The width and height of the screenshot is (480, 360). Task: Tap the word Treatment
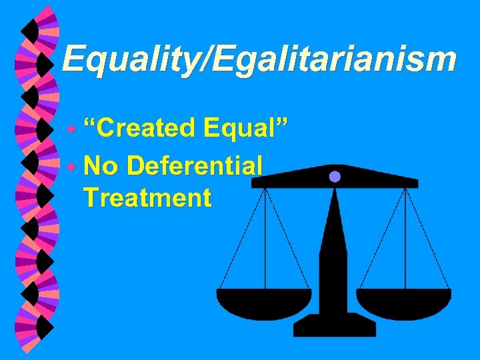(147, 197)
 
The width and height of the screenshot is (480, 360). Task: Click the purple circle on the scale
(335, 177)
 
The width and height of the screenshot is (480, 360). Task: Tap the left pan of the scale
(264, 303)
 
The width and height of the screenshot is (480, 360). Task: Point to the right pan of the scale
(403, 303)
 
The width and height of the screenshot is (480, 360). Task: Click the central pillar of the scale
(333, 267)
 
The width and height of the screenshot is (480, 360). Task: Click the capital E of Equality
(71, 59)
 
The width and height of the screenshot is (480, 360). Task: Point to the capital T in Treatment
(91, 197)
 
